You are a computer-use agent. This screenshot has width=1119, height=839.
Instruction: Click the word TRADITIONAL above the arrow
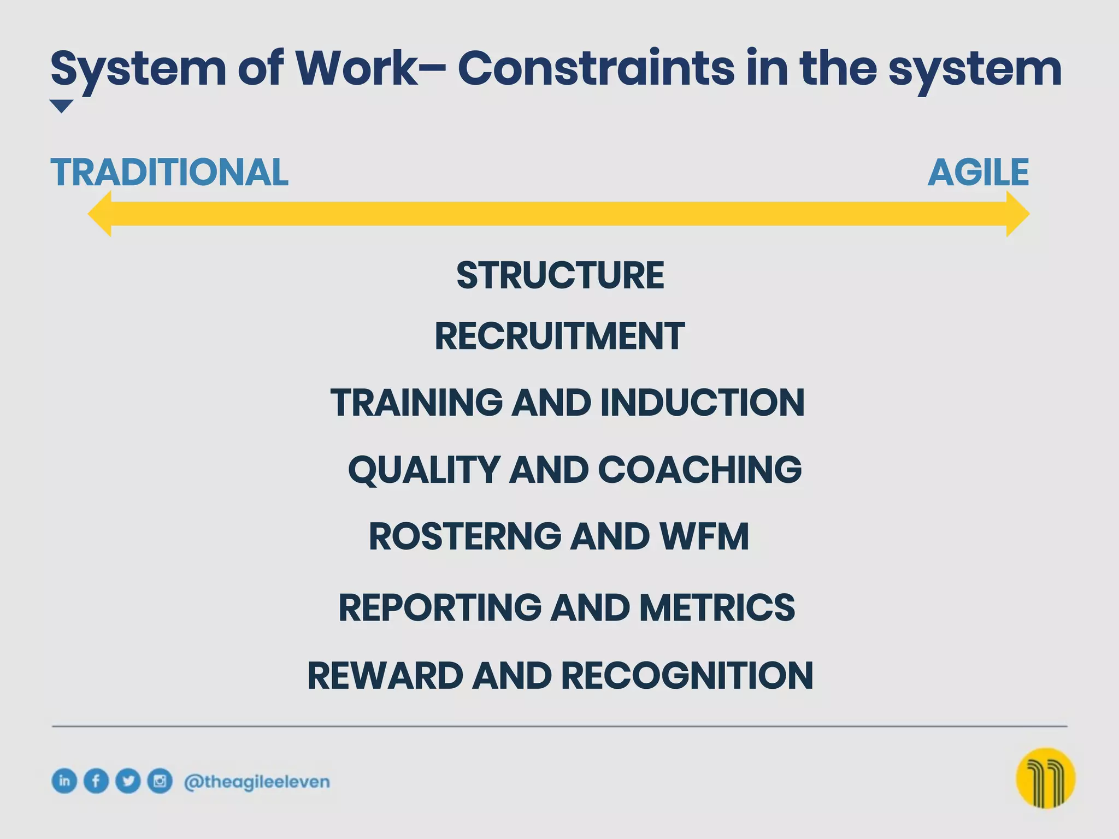click(x=169, y=173)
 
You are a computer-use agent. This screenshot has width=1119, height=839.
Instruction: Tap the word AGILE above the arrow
click(x=978, y=173)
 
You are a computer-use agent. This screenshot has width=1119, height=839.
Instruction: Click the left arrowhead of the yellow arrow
click(x=101, y=214)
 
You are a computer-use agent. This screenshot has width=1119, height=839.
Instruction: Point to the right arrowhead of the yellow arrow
click(x=1017, y=214)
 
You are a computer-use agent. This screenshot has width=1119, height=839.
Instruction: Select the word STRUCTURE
click(x=560, y=275)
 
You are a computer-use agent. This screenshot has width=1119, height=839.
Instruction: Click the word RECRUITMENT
click(x=559, y=336)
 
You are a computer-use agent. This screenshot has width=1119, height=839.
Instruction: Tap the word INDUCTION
click(x=702, y=403)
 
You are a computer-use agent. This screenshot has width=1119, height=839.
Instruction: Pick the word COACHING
click(x=700, y=469)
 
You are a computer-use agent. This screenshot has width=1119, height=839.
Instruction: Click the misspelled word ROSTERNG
click(x=465, y=536)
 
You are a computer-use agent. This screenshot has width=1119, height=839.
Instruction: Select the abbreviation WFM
click(x=705, y=536)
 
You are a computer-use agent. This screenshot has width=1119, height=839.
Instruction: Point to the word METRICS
click(x=717, y=607)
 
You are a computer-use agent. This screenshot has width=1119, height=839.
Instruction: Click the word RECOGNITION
click(x=687, y=676)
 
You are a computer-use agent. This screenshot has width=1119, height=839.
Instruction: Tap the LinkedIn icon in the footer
click(x=64, y=781)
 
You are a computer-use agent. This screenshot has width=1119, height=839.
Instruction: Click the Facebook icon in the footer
click(x=96, y=781)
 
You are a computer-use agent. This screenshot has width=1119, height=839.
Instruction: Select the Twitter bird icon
click(x=128, y=781)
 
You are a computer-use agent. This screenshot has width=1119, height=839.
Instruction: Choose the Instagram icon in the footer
click(x=160, y=781)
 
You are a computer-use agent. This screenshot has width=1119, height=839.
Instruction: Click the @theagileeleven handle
click(x=257, y=782)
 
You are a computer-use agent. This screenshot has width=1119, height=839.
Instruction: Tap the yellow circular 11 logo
click(x=1045, y=778)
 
